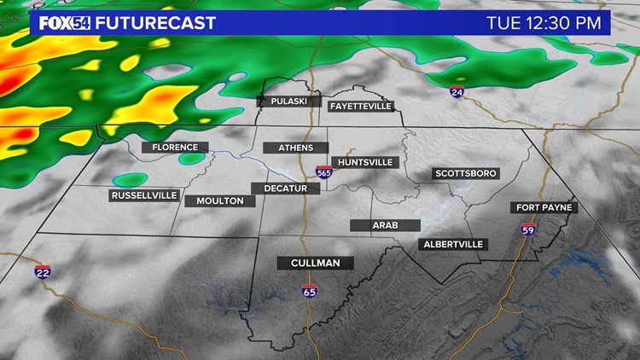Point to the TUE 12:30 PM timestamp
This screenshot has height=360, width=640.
[543, 22]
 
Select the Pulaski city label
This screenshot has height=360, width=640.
[288, 101]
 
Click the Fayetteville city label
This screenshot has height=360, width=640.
[360, 106]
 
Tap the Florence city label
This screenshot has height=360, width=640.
[174, 148]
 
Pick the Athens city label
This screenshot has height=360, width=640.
[295, 148]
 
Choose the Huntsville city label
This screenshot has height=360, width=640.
[364, 161]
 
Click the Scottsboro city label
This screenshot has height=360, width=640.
[465, 173]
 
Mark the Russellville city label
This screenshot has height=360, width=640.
[144, 195]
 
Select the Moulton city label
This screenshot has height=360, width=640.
[219, 201]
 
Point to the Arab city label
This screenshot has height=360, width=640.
[385, 225]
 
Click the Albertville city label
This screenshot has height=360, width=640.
[453, 244]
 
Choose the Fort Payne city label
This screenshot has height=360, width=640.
[544, 207]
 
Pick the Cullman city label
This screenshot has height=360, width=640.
[315, 263]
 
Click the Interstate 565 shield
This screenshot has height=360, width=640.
[323, 172]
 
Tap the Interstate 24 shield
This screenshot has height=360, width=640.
[457, 91]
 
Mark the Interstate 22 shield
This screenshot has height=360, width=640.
[42, 271]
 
